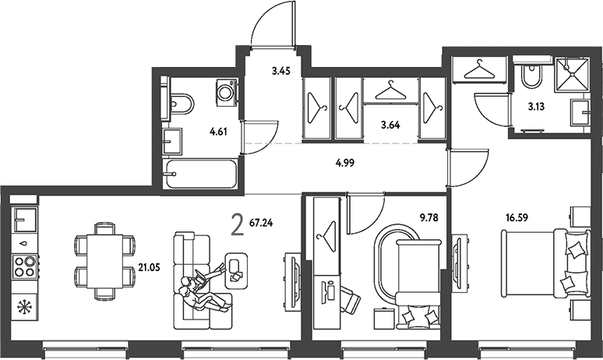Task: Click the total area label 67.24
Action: [x=261, y=223]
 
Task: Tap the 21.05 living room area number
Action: [x=149, y=268]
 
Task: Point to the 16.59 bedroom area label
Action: [x=517, y=217]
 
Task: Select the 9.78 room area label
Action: [x=428, y=218]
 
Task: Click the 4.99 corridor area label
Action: [x=345, y=163]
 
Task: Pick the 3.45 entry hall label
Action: [x=280, y=71]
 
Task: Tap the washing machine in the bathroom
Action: [x=226, y=93]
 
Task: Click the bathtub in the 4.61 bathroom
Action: [x=200, y=175]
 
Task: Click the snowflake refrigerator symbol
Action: [x=25, y=307]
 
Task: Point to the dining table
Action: [x=104, y=261]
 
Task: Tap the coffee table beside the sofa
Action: [x=235, y=270]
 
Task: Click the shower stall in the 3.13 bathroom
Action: [x=572, y=75]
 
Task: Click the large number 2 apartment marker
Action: [x=238, y=225]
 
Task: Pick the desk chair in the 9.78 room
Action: [x=349, y=299]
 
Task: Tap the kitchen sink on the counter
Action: [x=25, y=221]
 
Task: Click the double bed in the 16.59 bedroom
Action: [x=545, y=263]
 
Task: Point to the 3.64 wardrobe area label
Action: [x=390, y=125]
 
